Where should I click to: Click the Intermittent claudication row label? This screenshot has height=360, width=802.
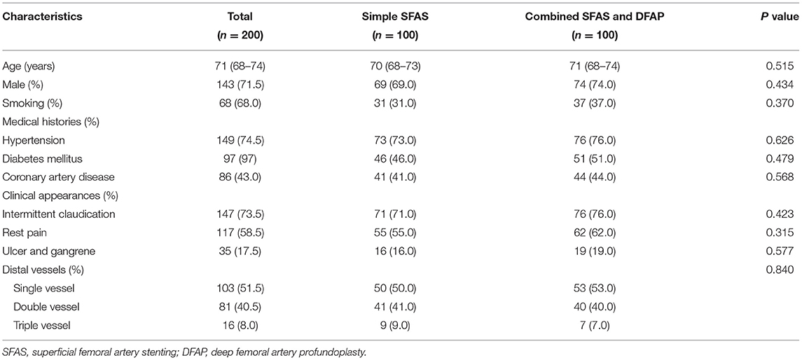58,213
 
